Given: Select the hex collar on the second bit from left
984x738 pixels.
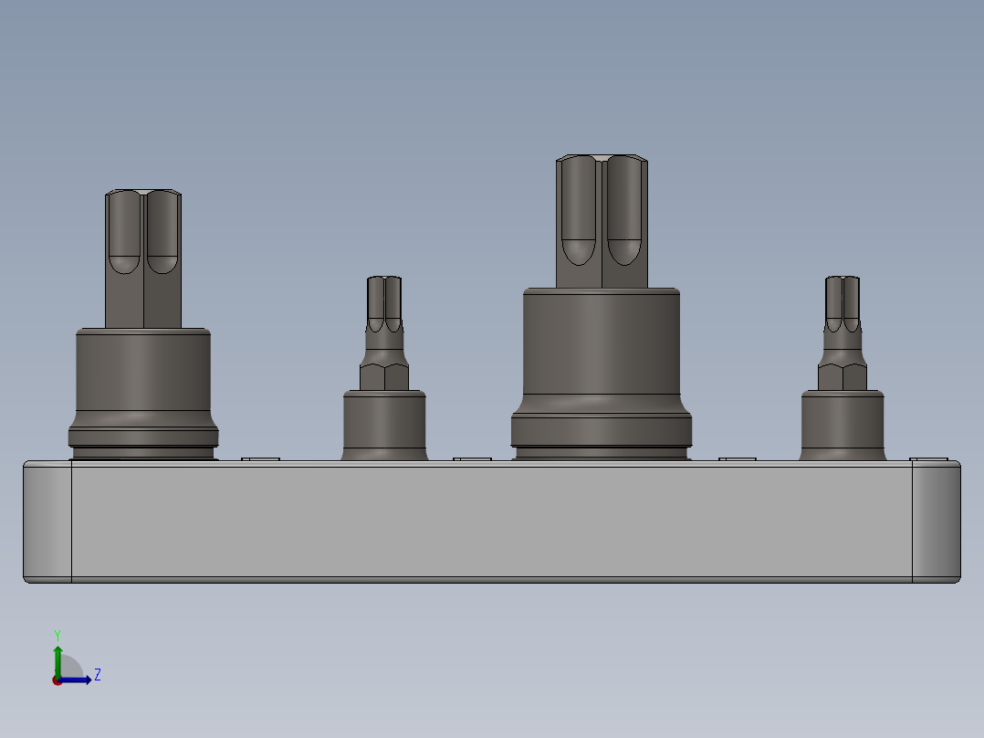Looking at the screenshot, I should coord(384,376).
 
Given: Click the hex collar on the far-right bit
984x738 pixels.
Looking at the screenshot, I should coord(843,376).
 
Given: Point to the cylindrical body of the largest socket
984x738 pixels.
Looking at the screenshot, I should coord(602,347).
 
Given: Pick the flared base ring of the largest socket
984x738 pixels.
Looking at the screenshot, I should coord(602,429).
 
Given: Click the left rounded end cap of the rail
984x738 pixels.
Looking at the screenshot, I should coord(47,521).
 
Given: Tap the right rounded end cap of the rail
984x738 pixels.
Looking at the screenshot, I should coord(937,521).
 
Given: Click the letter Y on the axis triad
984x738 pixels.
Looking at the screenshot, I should coord(57,634).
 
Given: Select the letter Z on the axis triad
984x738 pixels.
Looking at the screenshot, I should coord(97,675).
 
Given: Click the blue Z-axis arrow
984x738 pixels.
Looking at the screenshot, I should coord(78,680).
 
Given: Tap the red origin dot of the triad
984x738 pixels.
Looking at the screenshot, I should coord(57,680).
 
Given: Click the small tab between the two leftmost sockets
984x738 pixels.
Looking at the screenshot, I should coord(260,459).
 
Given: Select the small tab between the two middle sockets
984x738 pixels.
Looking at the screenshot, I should coord(472,459).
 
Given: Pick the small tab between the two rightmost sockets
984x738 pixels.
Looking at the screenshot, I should coord(738,459).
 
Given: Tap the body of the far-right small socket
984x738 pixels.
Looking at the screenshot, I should coord(843,425).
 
